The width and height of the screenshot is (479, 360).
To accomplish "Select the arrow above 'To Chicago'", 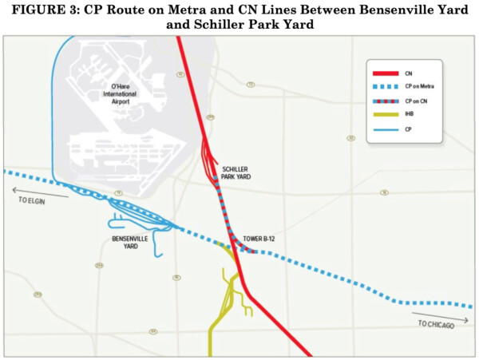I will point(447,316).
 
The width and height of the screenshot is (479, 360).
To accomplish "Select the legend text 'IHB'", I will point(408,115).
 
